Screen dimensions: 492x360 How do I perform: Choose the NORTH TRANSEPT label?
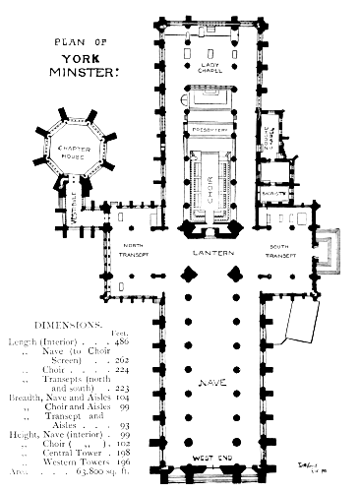point(132,251)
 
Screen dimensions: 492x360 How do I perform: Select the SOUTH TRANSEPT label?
point(282,251)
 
